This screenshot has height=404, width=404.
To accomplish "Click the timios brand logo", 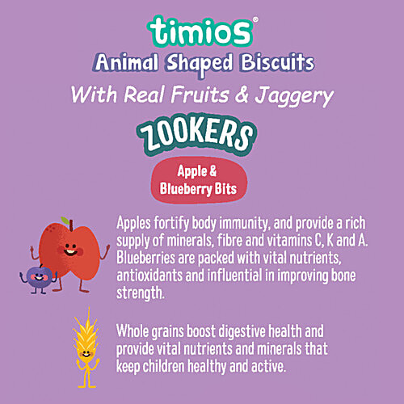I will point(202,31).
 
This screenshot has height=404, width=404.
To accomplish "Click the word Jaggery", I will point(279,96).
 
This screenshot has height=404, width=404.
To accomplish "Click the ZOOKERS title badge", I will point(202,135).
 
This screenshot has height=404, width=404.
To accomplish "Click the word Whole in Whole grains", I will point(135,331).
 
